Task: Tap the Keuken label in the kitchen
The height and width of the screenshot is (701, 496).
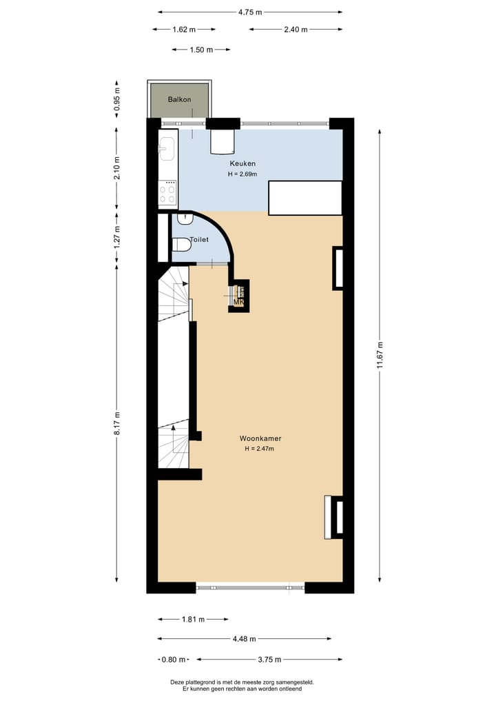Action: [242, 163]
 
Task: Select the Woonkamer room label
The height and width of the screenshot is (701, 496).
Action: [260, 438]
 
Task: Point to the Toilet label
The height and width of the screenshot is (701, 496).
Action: [199, 240]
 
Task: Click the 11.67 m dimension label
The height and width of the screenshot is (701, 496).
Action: [380, 356]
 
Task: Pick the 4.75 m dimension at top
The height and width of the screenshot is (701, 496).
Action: [249, 12]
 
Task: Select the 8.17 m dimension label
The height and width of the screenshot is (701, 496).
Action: [117, 424]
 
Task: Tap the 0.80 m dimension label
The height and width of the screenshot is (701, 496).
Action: [174, 660]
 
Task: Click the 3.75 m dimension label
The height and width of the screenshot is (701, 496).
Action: [269, 660]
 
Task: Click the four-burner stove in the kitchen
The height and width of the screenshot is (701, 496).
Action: [167, 192]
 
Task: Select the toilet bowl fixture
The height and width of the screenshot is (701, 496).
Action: [181, 244]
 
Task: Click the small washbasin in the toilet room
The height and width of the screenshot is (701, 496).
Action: [185, 219]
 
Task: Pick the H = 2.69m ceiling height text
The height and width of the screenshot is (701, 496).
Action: [242, 174]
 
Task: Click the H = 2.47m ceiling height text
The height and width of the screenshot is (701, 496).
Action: [260, 449]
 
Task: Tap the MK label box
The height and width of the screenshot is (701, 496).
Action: [239, 302]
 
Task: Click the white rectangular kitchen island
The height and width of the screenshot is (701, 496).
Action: [304, 198]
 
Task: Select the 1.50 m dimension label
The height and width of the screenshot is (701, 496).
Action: [201, 50]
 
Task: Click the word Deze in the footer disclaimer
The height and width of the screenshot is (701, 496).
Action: [177, 682]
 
